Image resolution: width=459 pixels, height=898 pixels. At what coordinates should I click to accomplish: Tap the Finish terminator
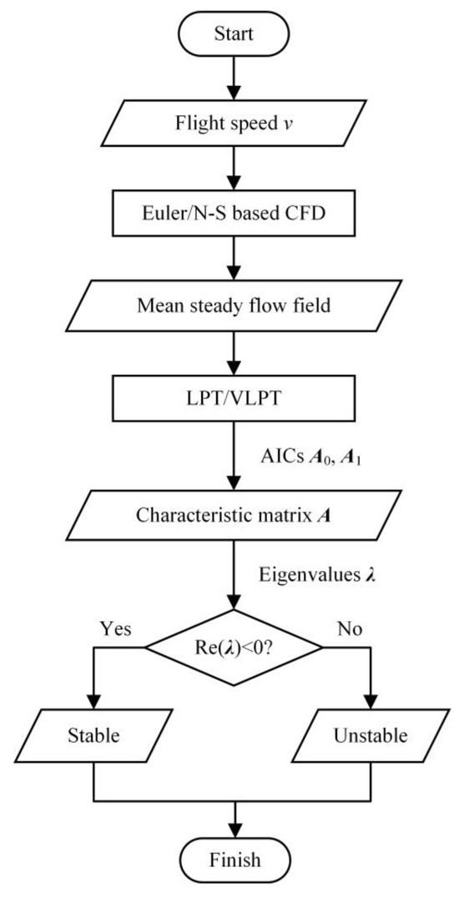(x=234, y=859)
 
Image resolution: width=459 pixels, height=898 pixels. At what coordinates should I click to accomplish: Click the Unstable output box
(x=371, y=736)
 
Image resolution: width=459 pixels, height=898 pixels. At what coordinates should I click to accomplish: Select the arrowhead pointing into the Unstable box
(x=371, y=703)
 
